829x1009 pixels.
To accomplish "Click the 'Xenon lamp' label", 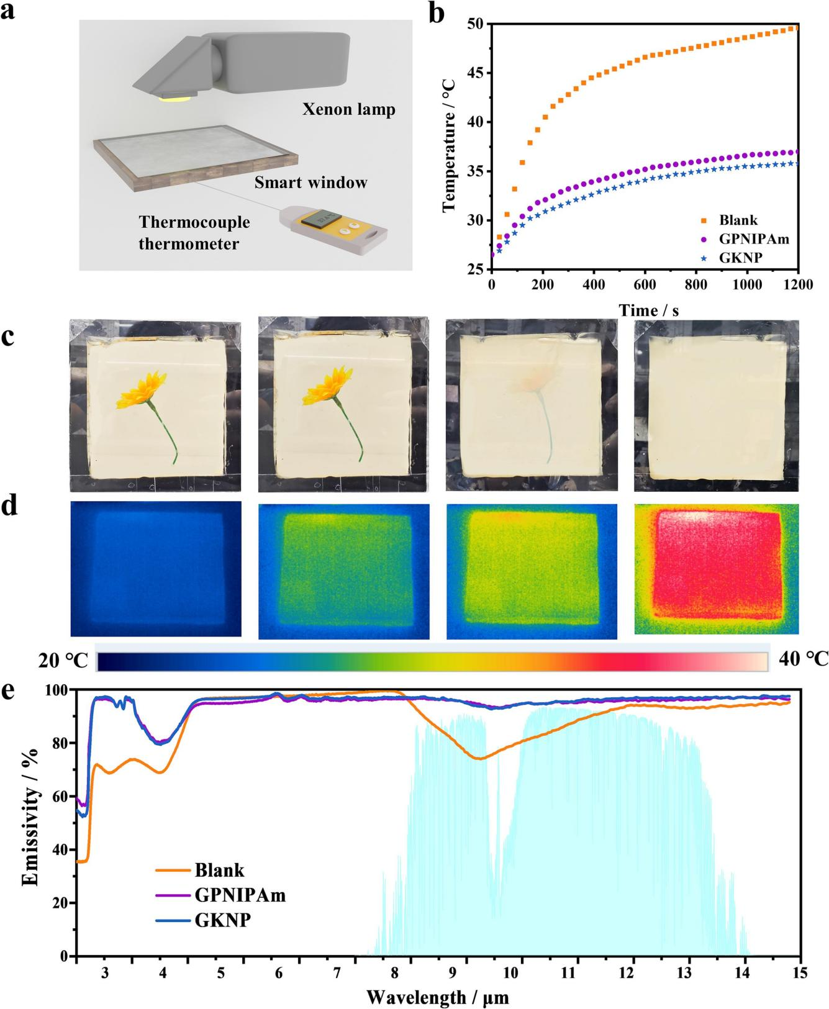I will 348,111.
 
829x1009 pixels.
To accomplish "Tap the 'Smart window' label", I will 310,183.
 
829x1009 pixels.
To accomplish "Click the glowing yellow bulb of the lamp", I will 177,97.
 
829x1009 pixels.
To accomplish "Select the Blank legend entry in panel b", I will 738,220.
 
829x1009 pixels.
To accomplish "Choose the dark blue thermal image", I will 156,569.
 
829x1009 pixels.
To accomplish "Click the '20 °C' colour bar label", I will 63,661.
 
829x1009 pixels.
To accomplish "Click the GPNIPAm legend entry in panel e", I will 240,895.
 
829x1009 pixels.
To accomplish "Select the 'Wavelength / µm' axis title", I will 438,997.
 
